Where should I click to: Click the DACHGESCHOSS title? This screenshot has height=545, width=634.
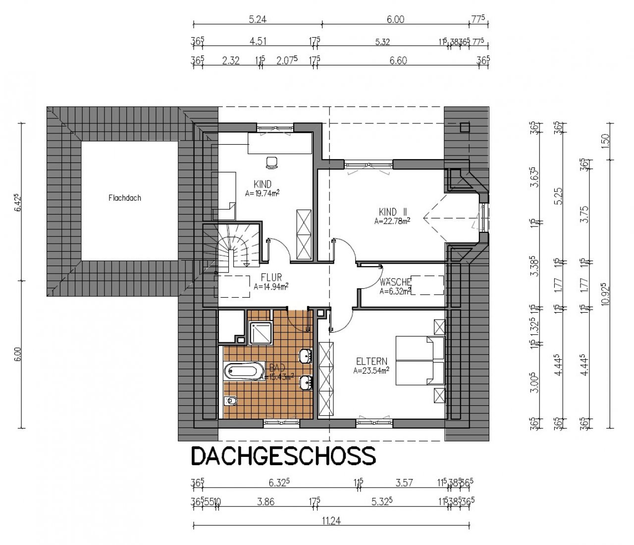point(283,456)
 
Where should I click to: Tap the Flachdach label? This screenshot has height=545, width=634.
point(125,198)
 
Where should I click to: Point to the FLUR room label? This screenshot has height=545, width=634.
point(271,278)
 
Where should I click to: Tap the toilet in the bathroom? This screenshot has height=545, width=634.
point(230,401)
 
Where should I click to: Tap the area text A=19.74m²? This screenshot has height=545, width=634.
point(264,194)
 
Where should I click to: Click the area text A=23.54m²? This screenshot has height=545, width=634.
point(371,370)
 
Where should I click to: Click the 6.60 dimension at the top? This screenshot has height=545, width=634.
point(398,60)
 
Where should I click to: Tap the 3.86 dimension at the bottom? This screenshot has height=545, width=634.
point(266,501)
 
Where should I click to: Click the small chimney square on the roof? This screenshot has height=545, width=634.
point(464,127)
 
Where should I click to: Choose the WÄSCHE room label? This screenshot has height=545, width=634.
point(395,282)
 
